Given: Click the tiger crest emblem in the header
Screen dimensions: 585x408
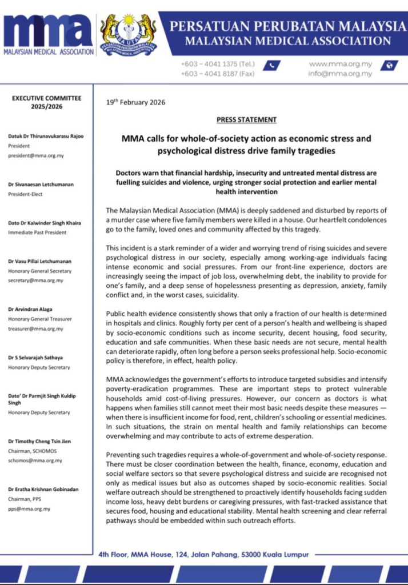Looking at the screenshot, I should pyautogui.click(x=128, y=34).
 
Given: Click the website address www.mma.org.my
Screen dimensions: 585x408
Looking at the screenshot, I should pyautogui.click(x=341, y=65).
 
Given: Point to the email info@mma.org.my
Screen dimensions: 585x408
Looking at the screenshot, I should pyautogui.click(x=340, y=74).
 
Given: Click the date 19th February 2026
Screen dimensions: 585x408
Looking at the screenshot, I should pyautogui.click(x=135, y=102).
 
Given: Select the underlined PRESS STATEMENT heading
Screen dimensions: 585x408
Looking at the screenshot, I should pyautogui.click(x=246, y=119).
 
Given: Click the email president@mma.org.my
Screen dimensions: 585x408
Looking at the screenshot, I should pyautogui.click(x=35, y=154).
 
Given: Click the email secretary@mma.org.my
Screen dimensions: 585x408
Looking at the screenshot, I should pyautogui.click(x=35, y=281).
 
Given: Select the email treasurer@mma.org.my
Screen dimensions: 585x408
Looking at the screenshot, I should pyautogui.click(x=35, y=328).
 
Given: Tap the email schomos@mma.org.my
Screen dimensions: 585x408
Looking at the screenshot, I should pyautogui.click(x=35, y=460).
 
